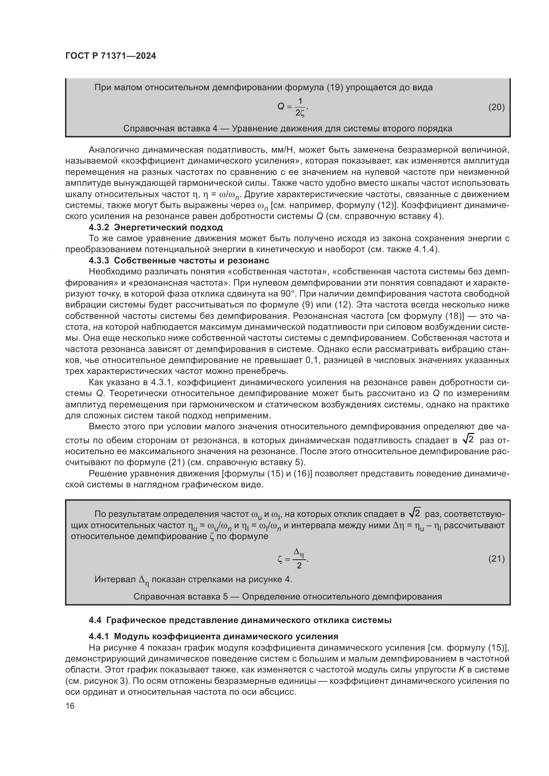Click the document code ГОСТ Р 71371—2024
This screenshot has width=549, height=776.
pos(111,56)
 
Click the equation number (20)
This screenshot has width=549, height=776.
pos(496,107)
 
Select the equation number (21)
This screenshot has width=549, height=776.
pos(496,559)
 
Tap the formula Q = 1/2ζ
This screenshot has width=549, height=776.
pos(293,107)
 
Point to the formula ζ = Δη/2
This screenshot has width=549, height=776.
pos(293,559)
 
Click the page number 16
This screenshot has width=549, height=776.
pos(70,706)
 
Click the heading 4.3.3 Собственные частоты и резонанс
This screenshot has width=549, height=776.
pos(179,260)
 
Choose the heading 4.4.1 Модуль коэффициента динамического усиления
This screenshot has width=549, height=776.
pos(213,636)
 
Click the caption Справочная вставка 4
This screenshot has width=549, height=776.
pos(287,128)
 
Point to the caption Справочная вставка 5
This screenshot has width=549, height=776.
pos(287,597)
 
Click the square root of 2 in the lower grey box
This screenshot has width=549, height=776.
pos(415,513)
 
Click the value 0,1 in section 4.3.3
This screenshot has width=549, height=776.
pos(312,360)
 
